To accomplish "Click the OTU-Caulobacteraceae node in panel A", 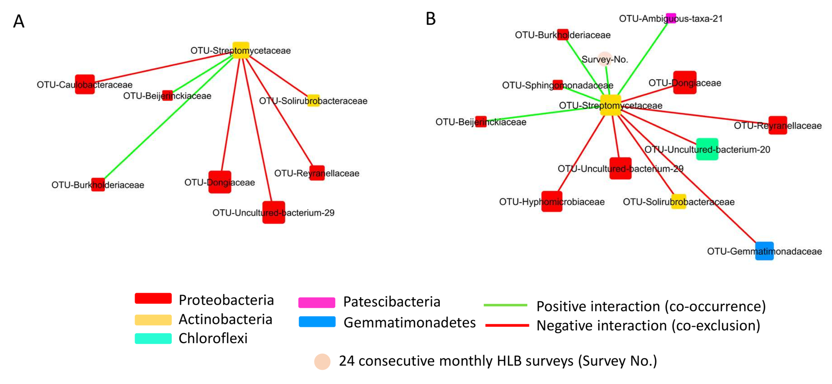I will (85, 84).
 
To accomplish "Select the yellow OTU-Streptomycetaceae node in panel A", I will (241, 50).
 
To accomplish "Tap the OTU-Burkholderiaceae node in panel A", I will (98, 184).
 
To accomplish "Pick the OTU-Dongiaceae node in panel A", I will (220, 182).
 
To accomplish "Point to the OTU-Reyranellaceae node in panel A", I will (317, 173).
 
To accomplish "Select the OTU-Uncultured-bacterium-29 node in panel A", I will (274, 212).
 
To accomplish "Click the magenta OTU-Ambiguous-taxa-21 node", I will (671, 18).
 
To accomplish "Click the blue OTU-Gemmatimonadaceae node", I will (764, 251).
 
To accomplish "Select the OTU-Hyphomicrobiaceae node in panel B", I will (552, 201).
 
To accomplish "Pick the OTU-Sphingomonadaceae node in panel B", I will (558, 85).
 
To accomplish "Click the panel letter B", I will (431, 19).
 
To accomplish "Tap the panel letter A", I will (19, 21).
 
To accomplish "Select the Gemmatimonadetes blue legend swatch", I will (317, 322).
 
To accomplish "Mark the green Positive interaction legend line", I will (505, 305).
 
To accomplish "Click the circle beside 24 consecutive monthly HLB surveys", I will (322, 361).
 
